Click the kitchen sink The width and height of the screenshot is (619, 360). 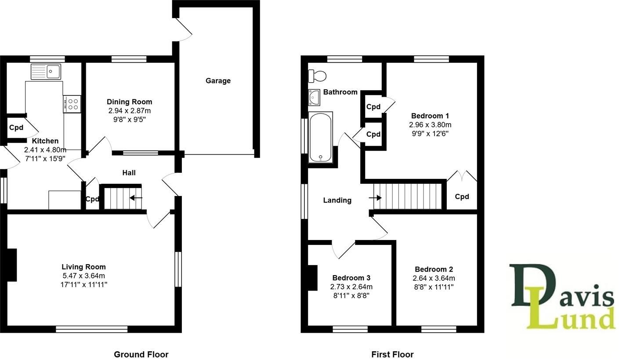(x=46, y=71)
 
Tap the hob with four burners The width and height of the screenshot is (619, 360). (x=72, y=104)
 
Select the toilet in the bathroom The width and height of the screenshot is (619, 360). (x=318, y=76)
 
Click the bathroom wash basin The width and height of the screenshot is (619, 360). (x=314, y=97)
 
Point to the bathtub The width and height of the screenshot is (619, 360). (x=321, y=137)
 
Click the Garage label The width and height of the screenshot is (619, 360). (x=218, y=81)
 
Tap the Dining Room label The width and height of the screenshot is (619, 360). (x=129, y=102)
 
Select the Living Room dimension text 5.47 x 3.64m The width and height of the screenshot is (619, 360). (x=83, y=276)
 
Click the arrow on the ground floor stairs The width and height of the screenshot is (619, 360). (x=136, y=198)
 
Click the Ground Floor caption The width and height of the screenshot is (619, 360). (x=141, y=354)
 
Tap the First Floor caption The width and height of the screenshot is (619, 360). (x=392, y=354)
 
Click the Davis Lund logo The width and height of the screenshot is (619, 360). (x=562, y=297)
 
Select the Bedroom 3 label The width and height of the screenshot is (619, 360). (x=351, y=278)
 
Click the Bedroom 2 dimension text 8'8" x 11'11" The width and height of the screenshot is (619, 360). (x=434, y=287)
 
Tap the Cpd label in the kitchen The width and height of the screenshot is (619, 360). (x=16, y=128)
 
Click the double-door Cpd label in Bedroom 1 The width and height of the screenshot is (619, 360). (x=462, y=196)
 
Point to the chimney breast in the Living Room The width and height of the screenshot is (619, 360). (x=12, y=265)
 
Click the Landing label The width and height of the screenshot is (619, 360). (x=337, y=200)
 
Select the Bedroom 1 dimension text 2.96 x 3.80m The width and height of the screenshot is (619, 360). (x=430, y=125)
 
